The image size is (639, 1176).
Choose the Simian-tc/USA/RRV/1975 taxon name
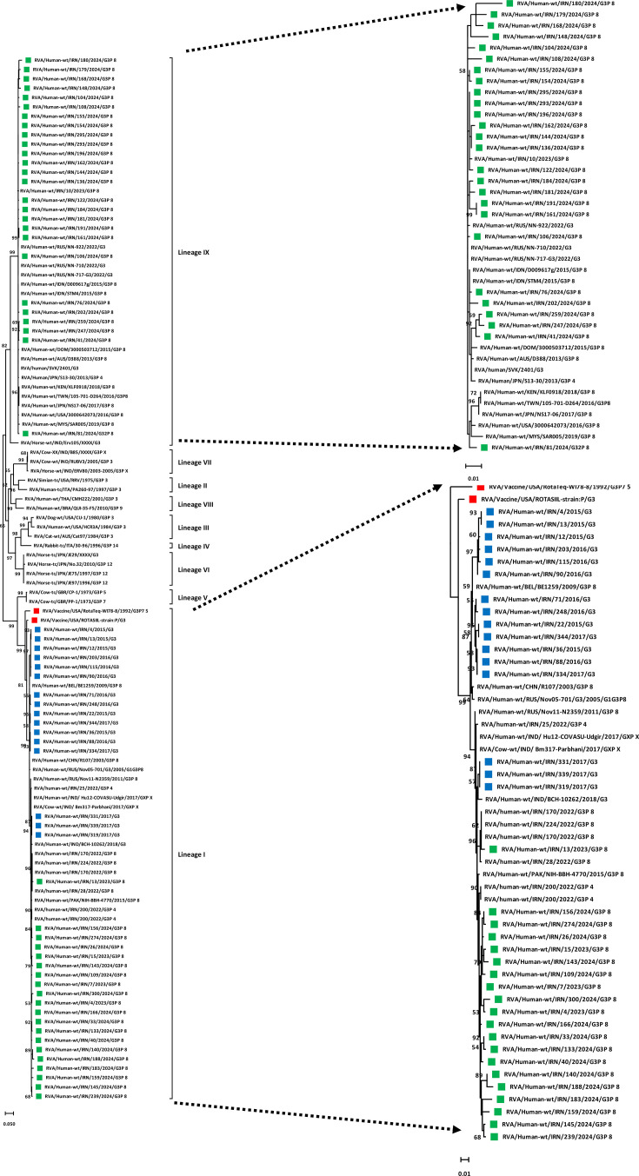point(65,480)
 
